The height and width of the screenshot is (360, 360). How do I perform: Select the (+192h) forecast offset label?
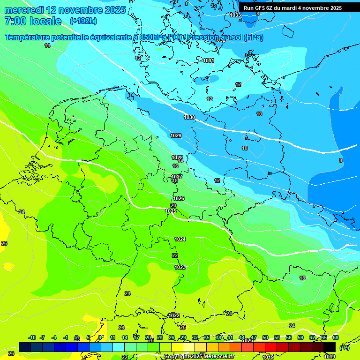[83, 21]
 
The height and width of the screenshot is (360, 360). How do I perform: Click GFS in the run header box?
[262, 8]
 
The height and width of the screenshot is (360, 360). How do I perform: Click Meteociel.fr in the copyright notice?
[215, 357]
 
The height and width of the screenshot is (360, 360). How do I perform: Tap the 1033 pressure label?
[235, 15]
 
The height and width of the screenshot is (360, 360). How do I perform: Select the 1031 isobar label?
[209, 60]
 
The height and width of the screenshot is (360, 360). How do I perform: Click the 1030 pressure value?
[189, 117]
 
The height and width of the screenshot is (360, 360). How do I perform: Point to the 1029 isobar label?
[176, 135]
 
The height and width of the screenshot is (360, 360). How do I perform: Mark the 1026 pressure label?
[178, 198]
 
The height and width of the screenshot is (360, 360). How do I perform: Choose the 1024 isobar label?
[180, 239]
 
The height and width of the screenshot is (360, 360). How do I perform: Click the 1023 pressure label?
[180, 267]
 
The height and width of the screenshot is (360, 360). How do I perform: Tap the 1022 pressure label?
[173, 315]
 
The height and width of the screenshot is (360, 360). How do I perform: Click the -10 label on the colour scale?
[32, 338]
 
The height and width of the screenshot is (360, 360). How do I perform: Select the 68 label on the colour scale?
[336, 338]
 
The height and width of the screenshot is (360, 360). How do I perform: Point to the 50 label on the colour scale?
[265, 338]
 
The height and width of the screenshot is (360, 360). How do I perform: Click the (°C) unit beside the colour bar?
[344, 348]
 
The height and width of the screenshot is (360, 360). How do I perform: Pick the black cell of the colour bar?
[330, 347]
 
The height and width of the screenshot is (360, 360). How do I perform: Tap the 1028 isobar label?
[177, 157]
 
